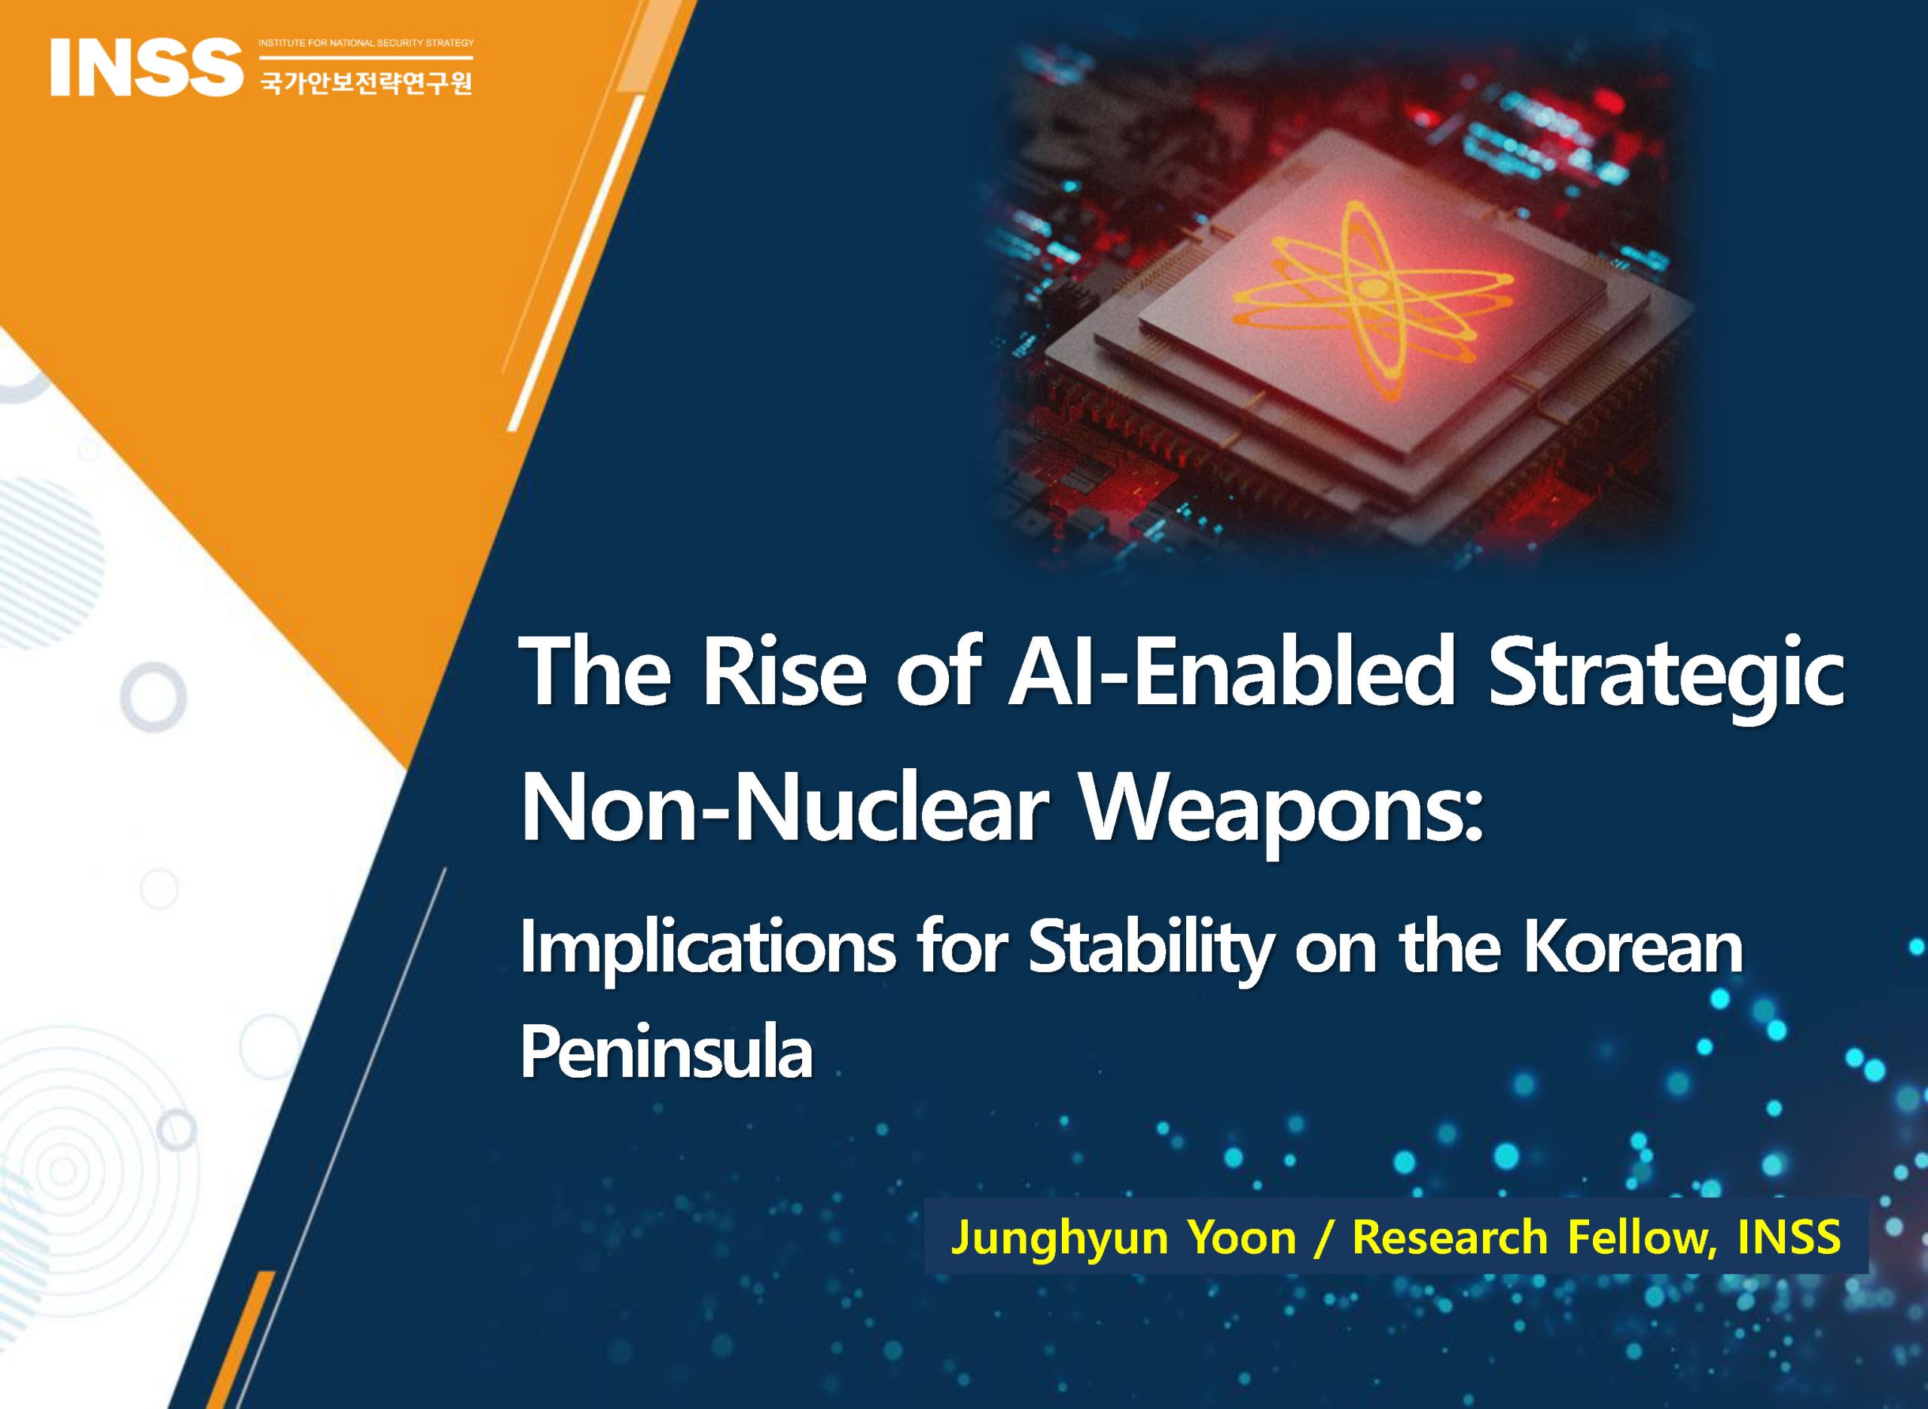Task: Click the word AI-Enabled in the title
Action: coord(1231,675)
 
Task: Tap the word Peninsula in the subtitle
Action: coord(667,1054)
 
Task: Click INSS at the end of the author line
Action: coord(1789,1236)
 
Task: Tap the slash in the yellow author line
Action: coord(1324,1238)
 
